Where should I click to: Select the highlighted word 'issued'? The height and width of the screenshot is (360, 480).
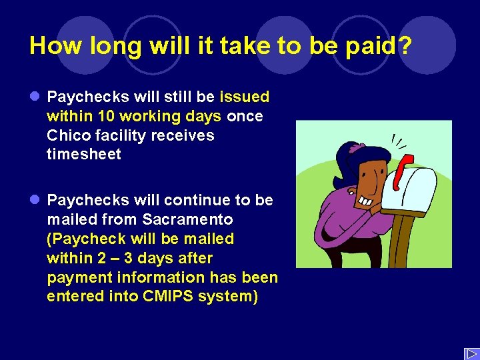[244, 97]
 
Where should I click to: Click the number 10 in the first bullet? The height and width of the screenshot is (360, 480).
[106, 117]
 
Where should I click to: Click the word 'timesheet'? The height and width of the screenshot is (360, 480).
[84, 155]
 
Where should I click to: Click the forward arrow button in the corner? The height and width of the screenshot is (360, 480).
[471, 353]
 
